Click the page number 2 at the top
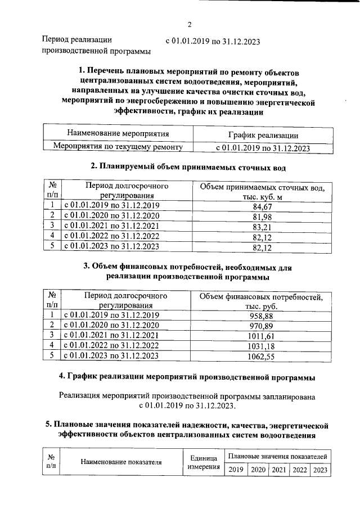click(190, 24)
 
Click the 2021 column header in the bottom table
click(278, 470)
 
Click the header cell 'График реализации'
click(263, 135)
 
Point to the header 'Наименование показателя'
click(121, 462)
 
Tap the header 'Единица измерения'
click(201, 462)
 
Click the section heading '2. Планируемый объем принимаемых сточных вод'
click(188, 167)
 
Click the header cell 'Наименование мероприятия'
click(118, 134)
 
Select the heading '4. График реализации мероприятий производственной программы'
click(187, 376)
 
